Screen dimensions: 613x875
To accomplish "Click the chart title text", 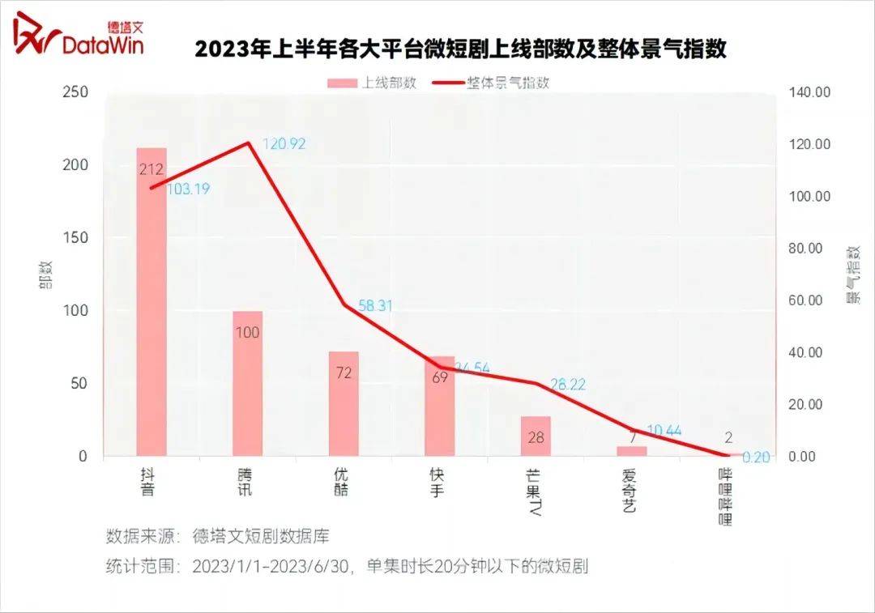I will (460, 49).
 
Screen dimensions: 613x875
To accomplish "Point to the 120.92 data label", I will (284, 144).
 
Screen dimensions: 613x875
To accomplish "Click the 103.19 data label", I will (189, 188).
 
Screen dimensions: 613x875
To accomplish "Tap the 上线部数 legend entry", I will (372, 83).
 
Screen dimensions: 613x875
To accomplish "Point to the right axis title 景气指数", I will (852, 275).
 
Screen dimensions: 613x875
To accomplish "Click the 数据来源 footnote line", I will (217, 536).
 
